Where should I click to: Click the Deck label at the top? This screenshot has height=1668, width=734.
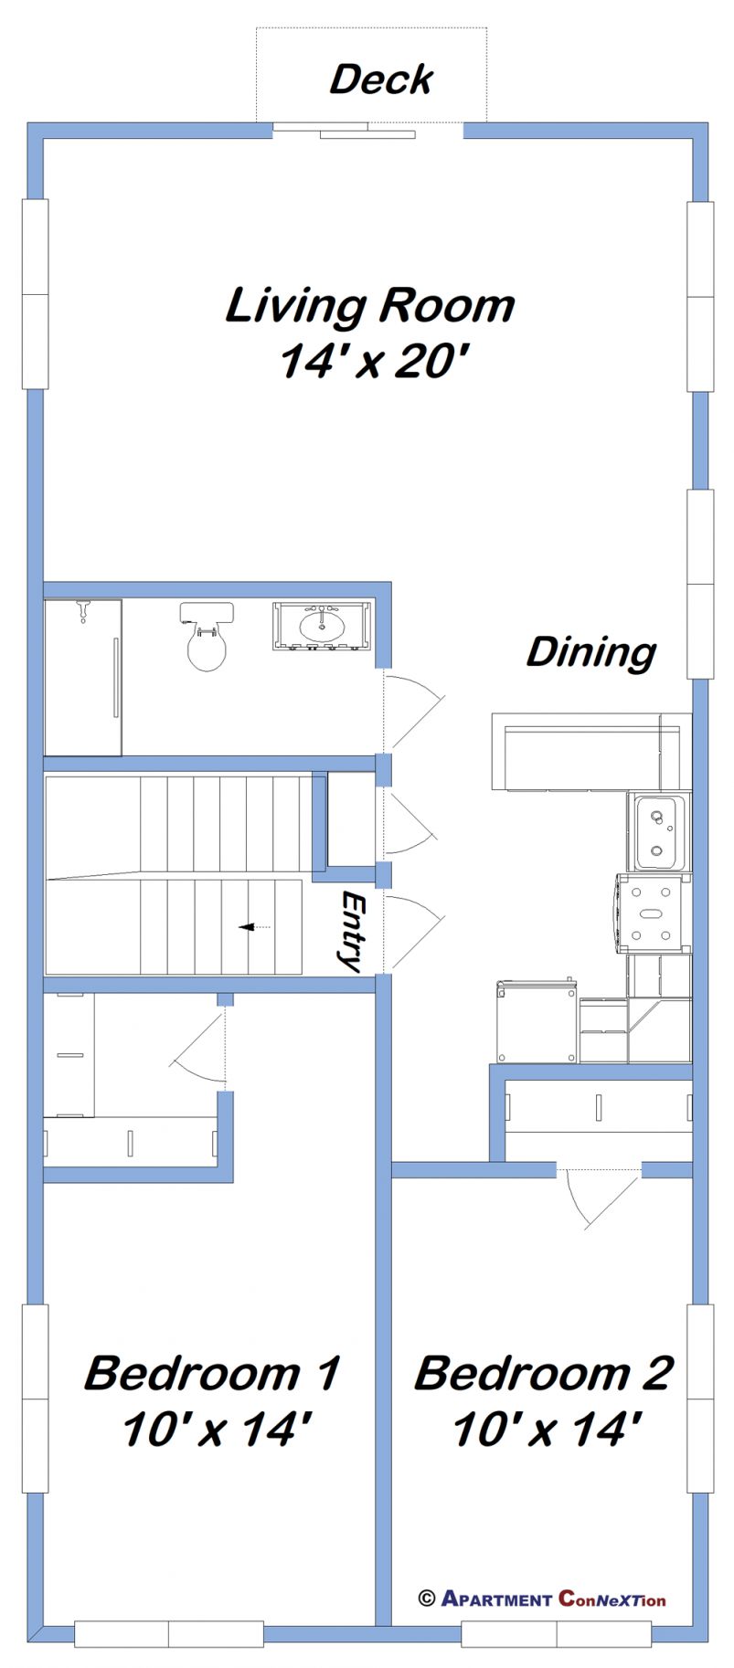click(380, 79)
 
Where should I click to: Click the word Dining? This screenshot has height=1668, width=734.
click(590, 652)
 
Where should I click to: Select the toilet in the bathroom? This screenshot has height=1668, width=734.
click(207, 637)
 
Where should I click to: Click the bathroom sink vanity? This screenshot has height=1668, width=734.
click(323, 626)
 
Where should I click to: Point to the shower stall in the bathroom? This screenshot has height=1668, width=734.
click(82, 677)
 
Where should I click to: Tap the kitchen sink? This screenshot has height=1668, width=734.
click(657, 832)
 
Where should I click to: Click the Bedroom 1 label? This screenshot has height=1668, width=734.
click(212, 1373)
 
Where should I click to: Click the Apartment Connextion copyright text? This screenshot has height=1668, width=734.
click(542, 1599)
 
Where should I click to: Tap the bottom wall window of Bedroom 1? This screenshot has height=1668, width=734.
click(169, 1634)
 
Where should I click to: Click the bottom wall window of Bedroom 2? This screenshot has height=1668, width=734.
click(556, 1634)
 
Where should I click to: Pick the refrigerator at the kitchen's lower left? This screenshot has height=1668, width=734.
click(537, 1021)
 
